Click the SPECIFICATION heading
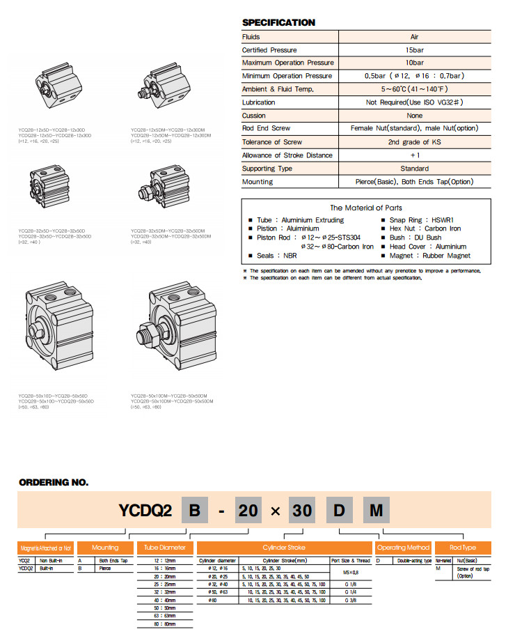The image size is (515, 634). [x=278, y=23]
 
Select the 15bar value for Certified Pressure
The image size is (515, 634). [x=415, y=50]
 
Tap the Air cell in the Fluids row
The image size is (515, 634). [x=415, y=37]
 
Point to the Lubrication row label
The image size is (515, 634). [x=258, y=102]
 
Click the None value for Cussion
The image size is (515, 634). [x=415, y=116]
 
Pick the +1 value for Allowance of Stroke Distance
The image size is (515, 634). [x=415, y=155]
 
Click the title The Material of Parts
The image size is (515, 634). [x=365, y=208]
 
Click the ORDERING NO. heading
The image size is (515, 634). [x=54, y=482]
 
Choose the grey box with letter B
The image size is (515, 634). [x=196, y=511]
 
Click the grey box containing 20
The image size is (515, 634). [x=248, y=511]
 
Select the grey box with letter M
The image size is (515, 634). [x=376, y=511]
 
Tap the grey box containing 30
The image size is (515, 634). [x=302, y=511]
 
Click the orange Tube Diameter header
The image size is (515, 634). [x=166, y=548]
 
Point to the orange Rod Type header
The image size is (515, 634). [x=463, y=548]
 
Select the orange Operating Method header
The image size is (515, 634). [x=404, y=548]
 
